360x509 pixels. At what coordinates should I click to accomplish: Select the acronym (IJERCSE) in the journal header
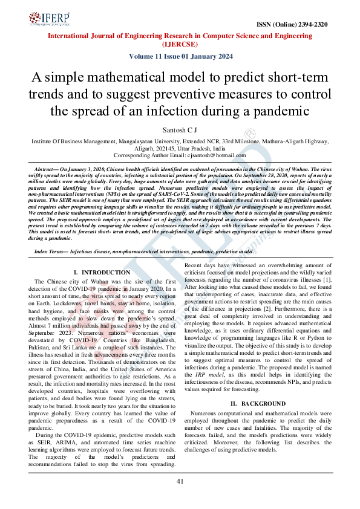[180, 44]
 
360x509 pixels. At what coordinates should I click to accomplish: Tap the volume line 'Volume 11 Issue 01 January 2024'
[180, 56]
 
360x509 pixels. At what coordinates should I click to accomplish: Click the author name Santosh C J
[180, 129]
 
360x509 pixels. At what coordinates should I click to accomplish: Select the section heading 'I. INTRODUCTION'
[101, 273]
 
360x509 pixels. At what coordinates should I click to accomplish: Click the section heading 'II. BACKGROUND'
[257, 403]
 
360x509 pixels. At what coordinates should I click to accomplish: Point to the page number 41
[180, 481]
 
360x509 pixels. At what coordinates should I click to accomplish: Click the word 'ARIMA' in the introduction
[70, 443]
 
